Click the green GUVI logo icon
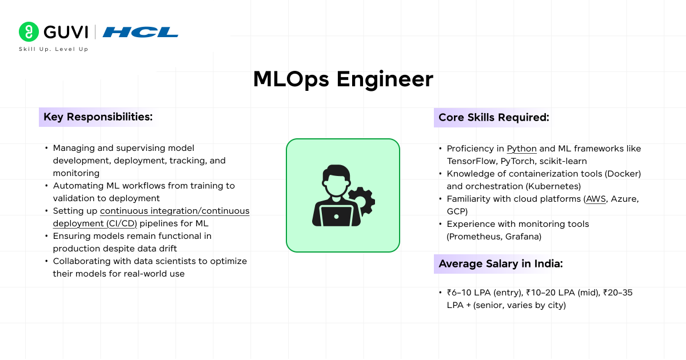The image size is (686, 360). [28, 31]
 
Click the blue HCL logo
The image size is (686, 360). [140, 32]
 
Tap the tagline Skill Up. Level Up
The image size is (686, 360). [53, 49]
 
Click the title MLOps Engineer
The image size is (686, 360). [343, 79]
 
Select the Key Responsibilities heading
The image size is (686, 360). [98, 117]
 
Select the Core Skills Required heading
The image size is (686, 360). [493, 117]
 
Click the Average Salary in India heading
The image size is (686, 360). [500, 264]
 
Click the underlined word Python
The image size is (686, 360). [521, 149]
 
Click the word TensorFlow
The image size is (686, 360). [470, 161]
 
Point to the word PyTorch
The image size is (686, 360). [518, 161]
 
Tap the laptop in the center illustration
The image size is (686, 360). [336, 215]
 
